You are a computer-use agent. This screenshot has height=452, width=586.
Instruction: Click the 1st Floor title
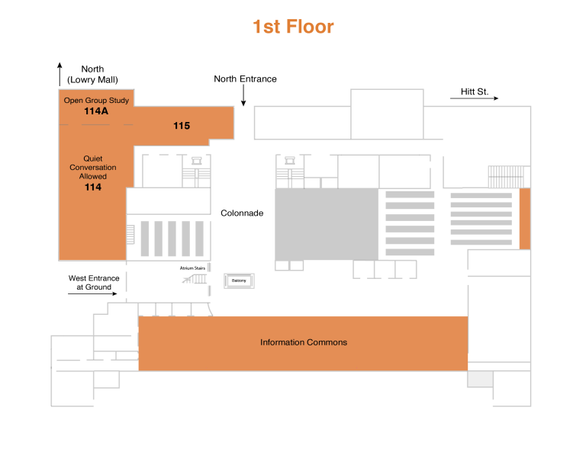293,27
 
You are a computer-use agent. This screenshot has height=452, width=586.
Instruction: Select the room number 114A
96,111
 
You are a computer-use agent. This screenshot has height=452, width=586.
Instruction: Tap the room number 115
182,126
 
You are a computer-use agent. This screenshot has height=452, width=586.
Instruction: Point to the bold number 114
93,187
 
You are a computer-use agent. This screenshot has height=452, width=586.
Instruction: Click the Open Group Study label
96,100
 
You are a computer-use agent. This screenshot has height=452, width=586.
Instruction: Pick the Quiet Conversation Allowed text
92,167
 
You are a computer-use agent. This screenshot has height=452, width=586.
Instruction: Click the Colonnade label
242,213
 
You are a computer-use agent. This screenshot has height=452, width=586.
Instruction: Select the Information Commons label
304,342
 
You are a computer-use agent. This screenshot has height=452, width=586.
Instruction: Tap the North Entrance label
245,79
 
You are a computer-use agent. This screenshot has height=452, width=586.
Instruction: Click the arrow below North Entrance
243,95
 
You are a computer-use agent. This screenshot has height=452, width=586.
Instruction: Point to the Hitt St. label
475,91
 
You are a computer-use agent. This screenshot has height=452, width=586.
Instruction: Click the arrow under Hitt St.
475,98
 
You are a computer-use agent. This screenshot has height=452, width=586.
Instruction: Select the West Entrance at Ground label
94,283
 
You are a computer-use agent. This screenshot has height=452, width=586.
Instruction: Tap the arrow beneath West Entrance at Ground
92,293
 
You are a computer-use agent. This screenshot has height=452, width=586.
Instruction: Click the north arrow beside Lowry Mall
60,74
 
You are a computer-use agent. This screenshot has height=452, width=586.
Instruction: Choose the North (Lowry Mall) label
92,74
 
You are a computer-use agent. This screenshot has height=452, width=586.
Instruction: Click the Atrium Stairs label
192,268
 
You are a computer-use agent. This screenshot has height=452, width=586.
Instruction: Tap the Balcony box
239,280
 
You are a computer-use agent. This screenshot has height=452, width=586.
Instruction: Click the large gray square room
327,224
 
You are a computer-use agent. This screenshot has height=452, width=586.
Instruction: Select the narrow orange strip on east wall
525,219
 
